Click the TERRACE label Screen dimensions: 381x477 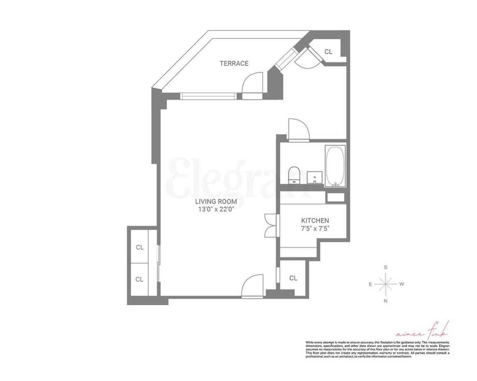pyautogui.click(x=234, y=63)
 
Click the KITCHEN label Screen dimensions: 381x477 pyautogui.click(x=315, y=220)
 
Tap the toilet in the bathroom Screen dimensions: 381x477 pyautogui.click(x=294, y=175)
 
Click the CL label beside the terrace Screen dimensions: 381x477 pyautogui.click(x=328, y=52)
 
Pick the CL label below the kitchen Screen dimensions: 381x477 pyautogui.click(x=293, y=278)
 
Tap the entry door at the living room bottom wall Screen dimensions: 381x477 pyautogui.click(x=253, y=286)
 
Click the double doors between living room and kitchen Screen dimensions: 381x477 pyautogui.click(x=270, y=225)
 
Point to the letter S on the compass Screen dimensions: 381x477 pyautogui.click(x=386, y=267)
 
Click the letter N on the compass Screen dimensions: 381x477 pyautogui.click(x=386, y=301)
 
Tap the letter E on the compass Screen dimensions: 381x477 pyautogui.click(x=370, y=284)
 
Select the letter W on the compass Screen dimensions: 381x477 pyautogui.click(x=402, y=284)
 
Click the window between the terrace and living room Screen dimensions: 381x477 pyautogui.click(x=208, y=96)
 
